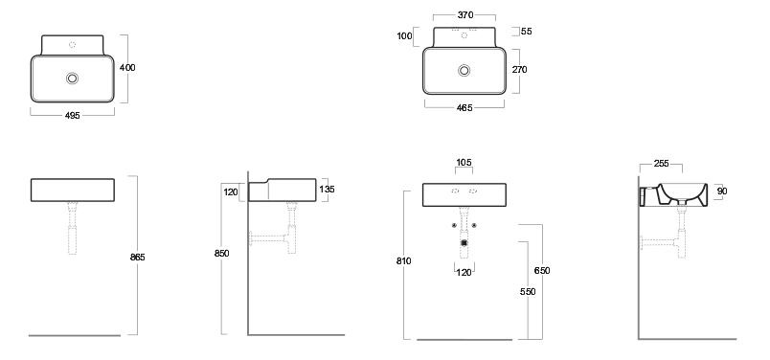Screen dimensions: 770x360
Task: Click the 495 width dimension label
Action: click(72, 116)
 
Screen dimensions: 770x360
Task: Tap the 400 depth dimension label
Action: click(127, 68)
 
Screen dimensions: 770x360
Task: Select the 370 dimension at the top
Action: click(465, 15)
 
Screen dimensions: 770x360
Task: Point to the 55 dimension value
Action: click(527, 32)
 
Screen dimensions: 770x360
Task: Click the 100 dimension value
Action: click(405, 35)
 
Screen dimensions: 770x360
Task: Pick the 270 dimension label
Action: click(519, 70)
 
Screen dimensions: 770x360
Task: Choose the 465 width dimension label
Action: click(464, 108)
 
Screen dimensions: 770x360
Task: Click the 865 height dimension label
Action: click(138, 257)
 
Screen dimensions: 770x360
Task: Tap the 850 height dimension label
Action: click(222, 254)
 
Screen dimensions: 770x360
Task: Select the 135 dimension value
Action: click(327, 189)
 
